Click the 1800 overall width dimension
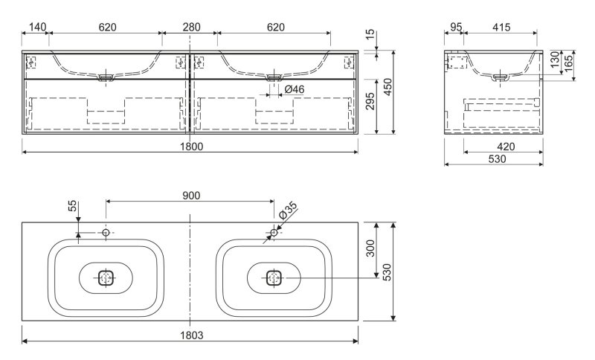coord(192,147)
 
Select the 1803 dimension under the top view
coord(192,335)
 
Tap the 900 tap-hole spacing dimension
coord(191,196)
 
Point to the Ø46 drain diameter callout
coord(294,89)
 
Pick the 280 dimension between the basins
coord(192,28)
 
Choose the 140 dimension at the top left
coord(38,28)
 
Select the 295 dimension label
coord(370,101)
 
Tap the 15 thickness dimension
coord(370,34)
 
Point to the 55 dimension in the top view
coord(72,206)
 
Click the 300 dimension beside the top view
coord(370,248)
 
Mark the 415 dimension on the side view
coord(501,28)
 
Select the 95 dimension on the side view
coord(456,28)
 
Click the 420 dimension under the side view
coord(506,147)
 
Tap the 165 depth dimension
coord(568,65)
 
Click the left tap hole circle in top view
coord(106,232)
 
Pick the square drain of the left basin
coord(106,278)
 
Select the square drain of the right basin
coord(274,278)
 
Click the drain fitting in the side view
coord(501,78)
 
